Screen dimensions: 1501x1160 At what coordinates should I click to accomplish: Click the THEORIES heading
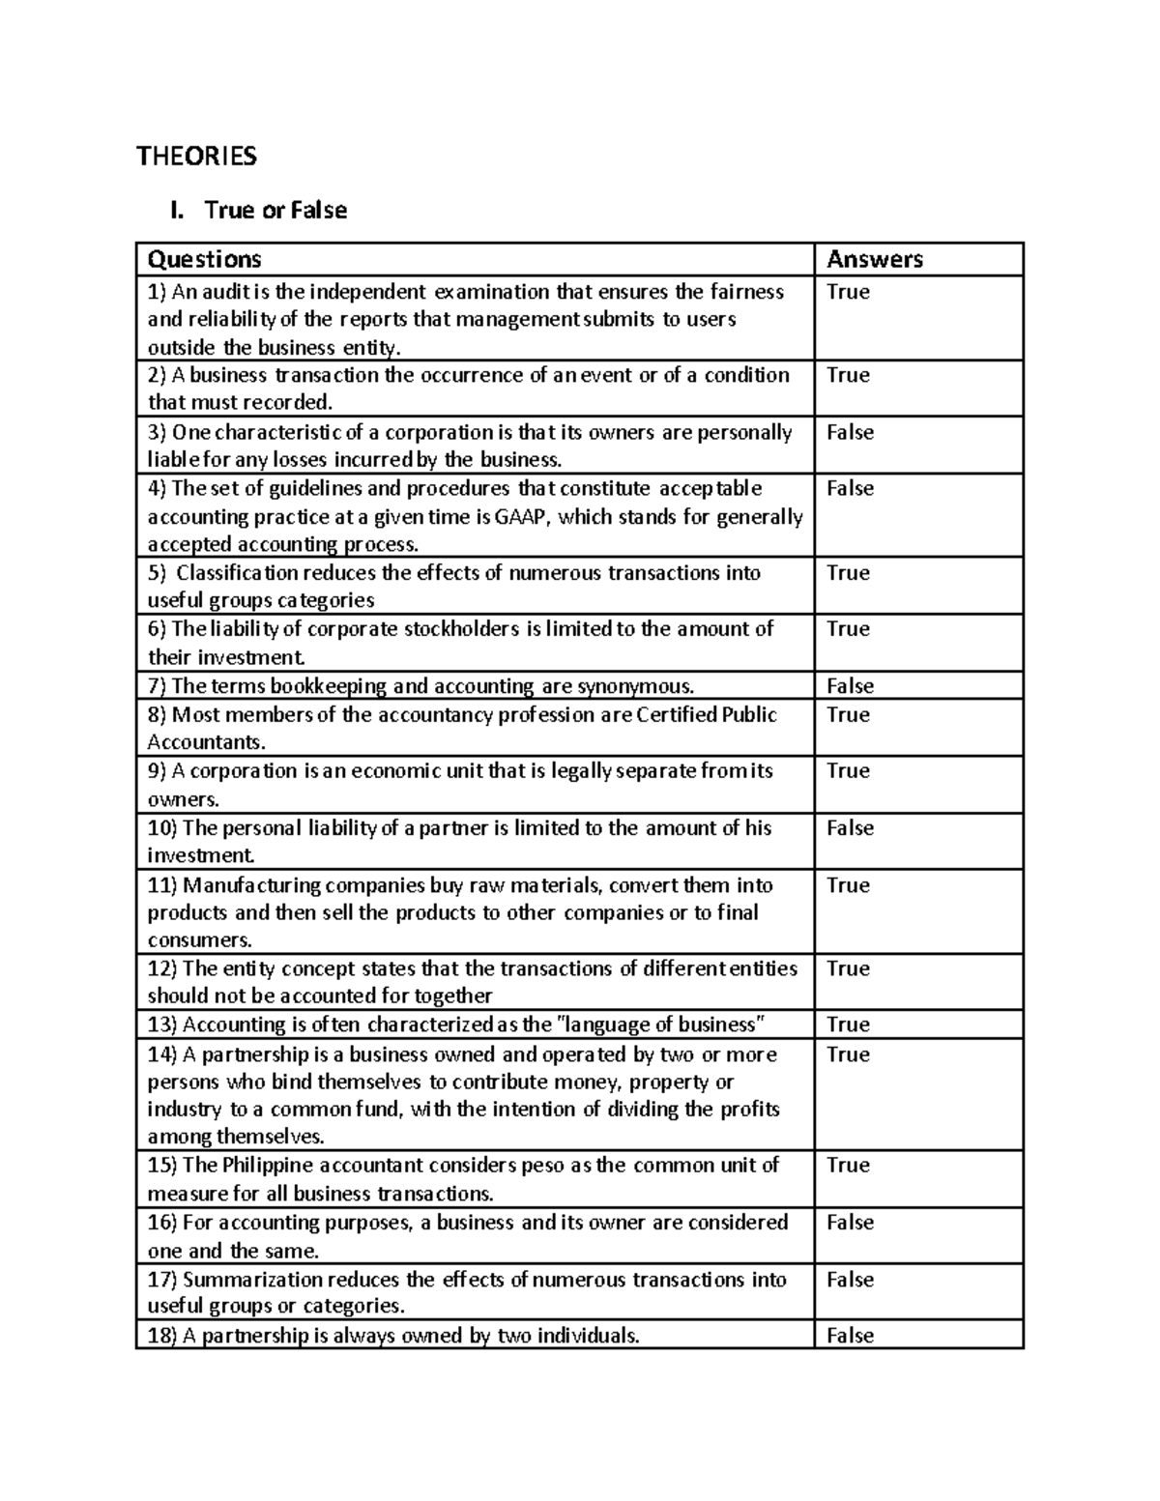pyautogui.click(x=196, y=157)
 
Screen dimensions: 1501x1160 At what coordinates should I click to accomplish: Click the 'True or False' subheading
pyautogui.click(x=275, y=210)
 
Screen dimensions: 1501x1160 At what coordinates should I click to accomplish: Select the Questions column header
pyautogui.click(x=204, y=259)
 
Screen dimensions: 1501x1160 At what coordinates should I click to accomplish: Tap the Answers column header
pyautogui.click(x=875, y=259)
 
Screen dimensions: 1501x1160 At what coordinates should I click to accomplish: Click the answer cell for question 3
pyautogui.click(x=850, y=432)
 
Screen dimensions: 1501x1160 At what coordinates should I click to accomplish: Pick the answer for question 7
pyautogui.click(x=850, y=686)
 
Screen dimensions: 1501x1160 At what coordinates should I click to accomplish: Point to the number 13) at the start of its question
pyautogui.click(x=162, y=1025)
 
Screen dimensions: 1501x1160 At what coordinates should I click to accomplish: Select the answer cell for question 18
pyautogui.click(x=850, y=1336)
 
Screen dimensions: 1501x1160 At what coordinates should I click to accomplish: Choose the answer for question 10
pyautogui.click(x=850, y=828)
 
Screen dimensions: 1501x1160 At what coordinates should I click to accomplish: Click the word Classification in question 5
pyautogui.click(x=237, y=573)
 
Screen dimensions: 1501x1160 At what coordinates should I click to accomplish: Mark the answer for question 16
pyautogui.click(x=850, y=1223)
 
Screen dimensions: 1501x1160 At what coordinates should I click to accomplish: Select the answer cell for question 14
pyautogui.click(x=848, y=1054)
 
